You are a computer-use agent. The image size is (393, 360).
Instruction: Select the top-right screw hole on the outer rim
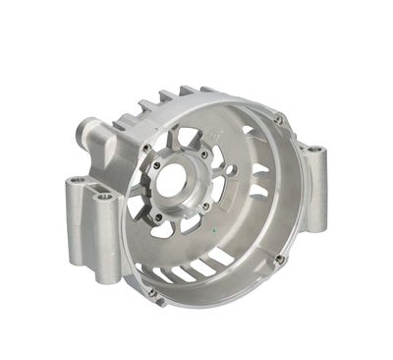tap(279, 119)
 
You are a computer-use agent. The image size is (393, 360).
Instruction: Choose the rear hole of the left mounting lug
tap(76, 183)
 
